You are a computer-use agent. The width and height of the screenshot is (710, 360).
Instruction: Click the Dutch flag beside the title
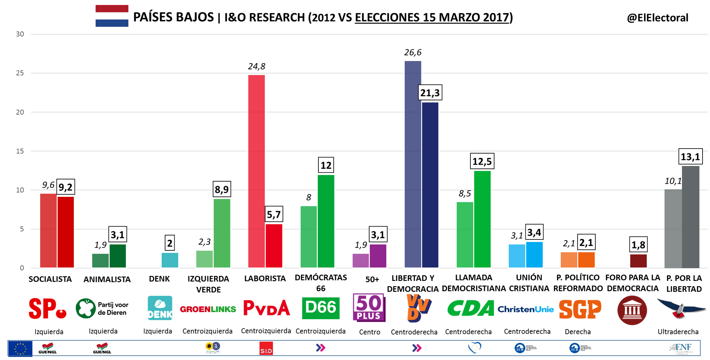[x=112, y=16]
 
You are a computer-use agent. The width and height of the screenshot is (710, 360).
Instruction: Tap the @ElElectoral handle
[x=657, y=18]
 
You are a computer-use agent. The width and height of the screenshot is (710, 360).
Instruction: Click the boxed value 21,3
[x=430, y=93]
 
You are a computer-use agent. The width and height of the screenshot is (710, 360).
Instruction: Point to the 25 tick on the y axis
[x=20, y=73]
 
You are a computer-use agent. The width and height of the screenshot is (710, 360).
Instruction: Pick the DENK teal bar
[x=170, y=260]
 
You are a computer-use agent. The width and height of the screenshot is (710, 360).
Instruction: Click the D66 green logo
[x=321, y=308]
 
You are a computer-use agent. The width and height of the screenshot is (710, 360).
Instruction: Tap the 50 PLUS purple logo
[x=369, y=308]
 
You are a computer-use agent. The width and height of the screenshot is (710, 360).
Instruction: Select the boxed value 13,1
[x=690, y=157]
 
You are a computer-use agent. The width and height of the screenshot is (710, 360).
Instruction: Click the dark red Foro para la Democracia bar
[x=638, y=261]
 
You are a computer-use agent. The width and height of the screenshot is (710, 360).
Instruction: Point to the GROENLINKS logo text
[x=208, y=309]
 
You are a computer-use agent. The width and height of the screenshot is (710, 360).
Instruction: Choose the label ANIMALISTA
[x=107, y=279]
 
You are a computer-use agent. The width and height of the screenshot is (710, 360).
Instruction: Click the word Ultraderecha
[x=678, y=332]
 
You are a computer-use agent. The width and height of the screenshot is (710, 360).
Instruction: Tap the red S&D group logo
[x=266, y=348]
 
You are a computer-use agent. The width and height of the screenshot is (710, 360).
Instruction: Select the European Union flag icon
[x=20, y=348]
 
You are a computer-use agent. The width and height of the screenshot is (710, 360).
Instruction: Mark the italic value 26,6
[x=413, y=52]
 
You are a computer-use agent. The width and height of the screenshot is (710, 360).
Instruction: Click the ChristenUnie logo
[x=525, y=309]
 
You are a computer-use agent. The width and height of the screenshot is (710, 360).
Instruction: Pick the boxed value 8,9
[x=222, y=189]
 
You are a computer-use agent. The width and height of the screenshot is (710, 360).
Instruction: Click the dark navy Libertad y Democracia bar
[x=430, y=185]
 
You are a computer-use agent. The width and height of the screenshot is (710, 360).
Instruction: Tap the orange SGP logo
[x=580, y=309]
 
